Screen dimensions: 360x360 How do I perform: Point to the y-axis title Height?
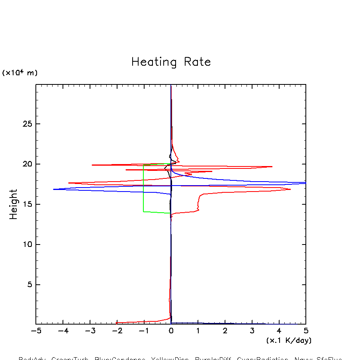[x=14, y=204]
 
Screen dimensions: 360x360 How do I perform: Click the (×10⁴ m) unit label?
[x=20, y=73]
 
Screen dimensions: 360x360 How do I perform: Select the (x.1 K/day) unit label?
[x=289, y=340]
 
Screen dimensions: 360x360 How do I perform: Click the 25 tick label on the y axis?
[x=25, y=124]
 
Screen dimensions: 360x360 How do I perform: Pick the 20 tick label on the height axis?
[x=25, y=164]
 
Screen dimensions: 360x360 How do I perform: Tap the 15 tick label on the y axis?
[x=25, y=204]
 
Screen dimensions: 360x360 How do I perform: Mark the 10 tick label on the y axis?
[x=25, y=245]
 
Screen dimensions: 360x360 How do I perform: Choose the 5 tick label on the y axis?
[x=28, y=285]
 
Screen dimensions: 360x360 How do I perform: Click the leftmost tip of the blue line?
[x=53, y=189]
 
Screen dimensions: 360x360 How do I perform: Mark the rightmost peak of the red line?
[x=290, y=189]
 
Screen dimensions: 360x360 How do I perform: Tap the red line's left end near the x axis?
[x=116, y=323]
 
